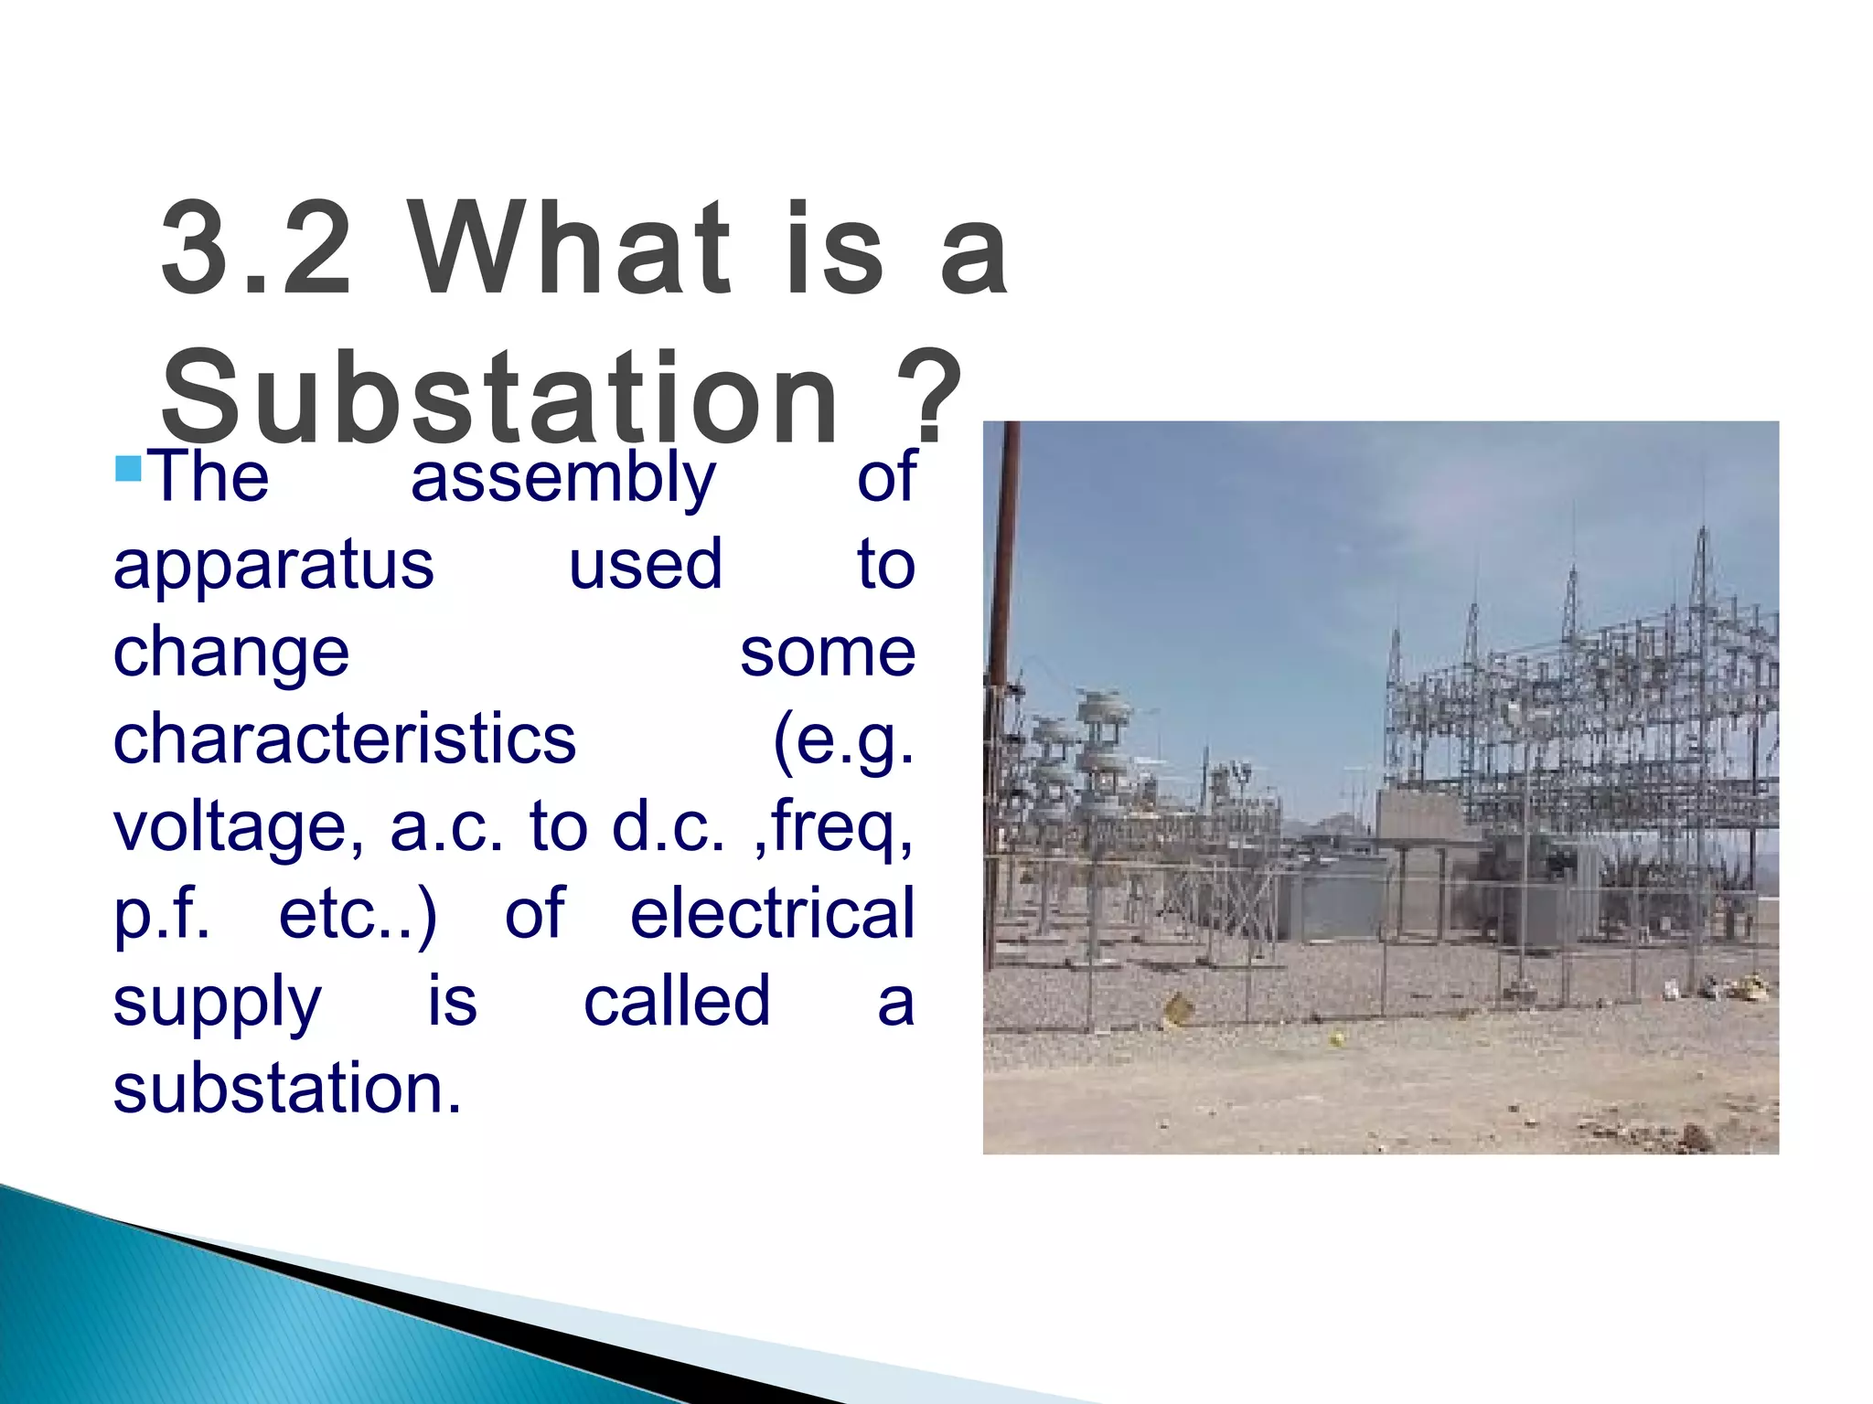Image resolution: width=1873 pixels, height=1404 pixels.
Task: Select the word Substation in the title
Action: click(x=499, y=399)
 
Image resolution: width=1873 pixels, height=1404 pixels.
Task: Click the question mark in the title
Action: click(x=929, y=399)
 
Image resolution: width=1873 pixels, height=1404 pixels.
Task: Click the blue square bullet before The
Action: click(x=129, y=468)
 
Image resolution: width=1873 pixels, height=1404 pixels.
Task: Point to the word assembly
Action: click(x=562, y=477)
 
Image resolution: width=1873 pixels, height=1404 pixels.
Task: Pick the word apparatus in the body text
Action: click(x=273, y=566)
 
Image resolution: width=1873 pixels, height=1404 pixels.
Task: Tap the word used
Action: click(x=646, y=564)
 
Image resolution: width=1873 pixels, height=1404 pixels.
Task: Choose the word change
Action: click(x=231, y=653)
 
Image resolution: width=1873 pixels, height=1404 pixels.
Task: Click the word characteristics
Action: click(x=345, y=739)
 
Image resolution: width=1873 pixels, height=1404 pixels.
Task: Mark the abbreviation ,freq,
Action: click(x=832, y=827)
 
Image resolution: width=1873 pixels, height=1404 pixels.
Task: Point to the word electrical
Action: click(x=773, y=913)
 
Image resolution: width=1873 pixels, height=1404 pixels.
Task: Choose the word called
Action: click(x=677, y=1001)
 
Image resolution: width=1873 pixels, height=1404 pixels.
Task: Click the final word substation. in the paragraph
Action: click(x=287, y=1088)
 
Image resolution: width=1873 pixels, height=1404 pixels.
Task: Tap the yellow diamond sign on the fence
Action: click(x=1178, y=1009)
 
